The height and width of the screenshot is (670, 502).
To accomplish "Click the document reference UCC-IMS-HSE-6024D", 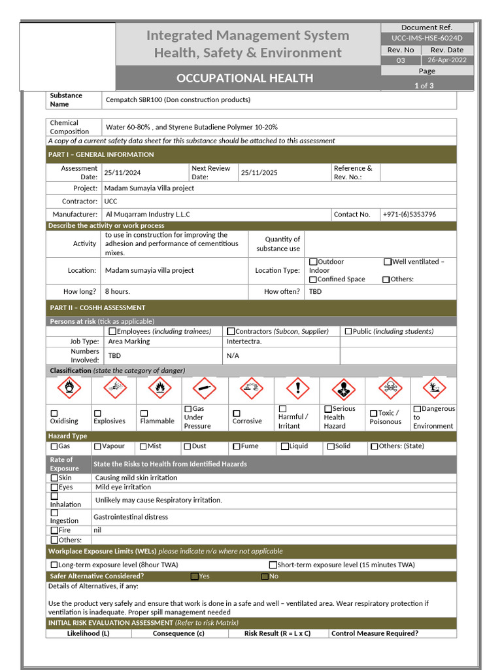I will [x=427, y=39].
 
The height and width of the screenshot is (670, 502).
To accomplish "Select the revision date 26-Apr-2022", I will [x=447, y=60].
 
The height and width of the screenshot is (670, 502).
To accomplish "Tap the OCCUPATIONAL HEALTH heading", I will [x=244, y=79].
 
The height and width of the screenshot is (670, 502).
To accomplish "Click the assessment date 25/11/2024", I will [x=122, y=173].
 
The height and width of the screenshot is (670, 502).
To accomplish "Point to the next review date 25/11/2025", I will [x=259, y=173].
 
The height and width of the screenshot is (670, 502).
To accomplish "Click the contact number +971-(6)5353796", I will [x=409, y=214].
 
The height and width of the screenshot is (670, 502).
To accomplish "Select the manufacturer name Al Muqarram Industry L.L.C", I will [x=148, y=214].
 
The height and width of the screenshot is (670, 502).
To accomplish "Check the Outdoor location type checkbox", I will [x=313, y=262].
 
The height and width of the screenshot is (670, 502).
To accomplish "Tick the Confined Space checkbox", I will [x=313, y=279].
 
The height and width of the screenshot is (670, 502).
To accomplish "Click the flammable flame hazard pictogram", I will [x=159, y=389].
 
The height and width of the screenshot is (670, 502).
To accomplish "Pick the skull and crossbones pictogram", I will [x=390, y=389].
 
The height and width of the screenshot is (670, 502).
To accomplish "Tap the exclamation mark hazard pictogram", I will [x=298, y=389].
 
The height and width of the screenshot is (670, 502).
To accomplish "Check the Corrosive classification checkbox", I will [x=237, y=414].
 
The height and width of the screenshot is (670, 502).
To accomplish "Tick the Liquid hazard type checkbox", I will [x=285, y=446].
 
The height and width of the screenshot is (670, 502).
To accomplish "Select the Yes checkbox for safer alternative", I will [x=195, y=576].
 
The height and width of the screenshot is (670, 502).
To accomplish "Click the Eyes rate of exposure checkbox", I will [x=54, y=487].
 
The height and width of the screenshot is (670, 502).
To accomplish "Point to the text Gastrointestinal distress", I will [x=131, y=517].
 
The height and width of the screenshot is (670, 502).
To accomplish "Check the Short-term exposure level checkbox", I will [x=273, y=565].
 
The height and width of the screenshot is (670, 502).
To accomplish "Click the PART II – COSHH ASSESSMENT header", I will [x=97, y=308].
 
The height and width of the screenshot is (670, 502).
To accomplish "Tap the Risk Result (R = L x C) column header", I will [x=277, y=633].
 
